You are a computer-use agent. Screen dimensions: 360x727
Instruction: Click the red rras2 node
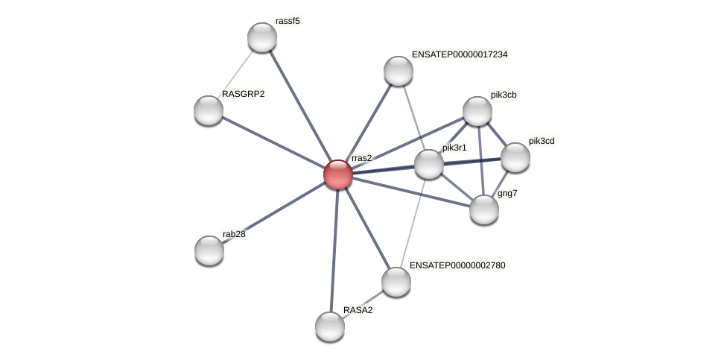click(337, 174)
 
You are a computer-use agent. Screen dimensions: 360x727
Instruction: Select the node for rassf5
click(262, 37)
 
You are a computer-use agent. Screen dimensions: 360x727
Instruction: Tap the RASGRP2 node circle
click(209, 110)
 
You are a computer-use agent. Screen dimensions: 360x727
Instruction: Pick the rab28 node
click(209, 250)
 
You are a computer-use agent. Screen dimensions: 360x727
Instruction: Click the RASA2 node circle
click(330, 326)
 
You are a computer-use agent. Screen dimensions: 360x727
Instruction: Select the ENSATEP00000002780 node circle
click(396, 282)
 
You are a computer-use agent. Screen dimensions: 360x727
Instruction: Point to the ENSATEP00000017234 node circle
click(399, 71)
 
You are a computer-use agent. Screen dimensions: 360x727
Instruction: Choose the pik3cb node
click(477, 111)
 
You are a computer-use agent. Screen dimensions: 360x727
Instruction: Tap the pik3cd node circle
click(515, 157)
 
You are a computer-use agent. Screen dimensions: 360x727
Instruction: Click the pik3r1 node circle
click(429, 164)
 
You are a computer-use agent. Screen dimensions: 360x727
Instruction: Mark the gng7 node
click(484, 209)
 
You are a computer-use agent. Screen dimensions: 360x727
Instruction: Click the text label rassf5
click(288, 21)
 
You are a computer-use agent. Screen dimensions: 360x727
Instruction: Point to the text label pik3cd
click(541, 141)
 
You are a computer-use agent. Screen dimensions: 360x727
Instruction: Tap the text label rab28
click(234, 234)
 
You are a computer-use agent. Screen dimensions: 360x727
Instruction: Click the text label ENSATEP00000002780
click(457, 265)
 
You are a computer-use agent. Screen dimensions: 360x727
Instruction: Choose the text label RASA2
click(358, 310)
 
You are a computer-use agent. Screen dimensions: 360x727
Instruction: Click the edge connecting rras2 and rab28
click(273, 212)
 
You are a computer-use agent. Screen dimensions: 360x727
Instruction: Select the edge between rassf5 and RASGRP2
click(235, 74)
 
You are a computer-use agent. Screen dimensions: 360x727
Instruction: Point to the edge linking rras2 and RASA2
click(334, 250)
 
